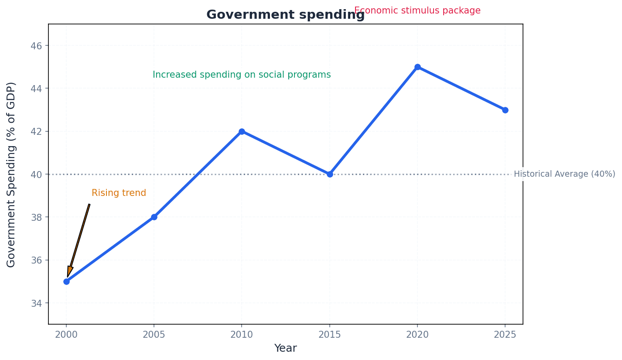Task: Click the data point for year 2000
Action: click(x=66, y=281)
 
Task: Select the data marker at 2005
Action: click(x=154, y=217)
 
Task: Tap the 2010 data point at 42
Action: click(x=242, y=131)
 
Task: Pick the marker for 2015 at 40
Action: click(x=330, y=174)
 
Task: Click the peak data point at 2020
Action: click(x=417, y=67)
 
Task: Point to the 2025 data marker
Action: click(x=505, y=110)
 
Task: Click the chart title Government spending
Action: click(x=285, y=15)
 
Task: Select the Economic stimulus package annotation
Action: click(x=417, y=10)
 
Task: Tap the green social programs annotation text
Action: click(x=242, y=75)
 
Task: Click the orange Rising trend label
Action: click(x=119, y=193)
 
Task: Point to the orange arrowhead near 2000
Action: click(x=69, y=271)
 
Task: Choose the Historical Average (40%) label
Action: click(x=564, y=174)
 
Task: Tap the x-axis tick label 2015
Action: click(x=330, y=335)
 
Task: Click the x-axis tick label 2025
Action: click(x=505, y=335)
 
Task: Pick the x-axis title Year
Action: click(x=285, y=348)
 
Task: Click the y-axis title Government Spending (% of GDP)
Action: click(x=11, y=174)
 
